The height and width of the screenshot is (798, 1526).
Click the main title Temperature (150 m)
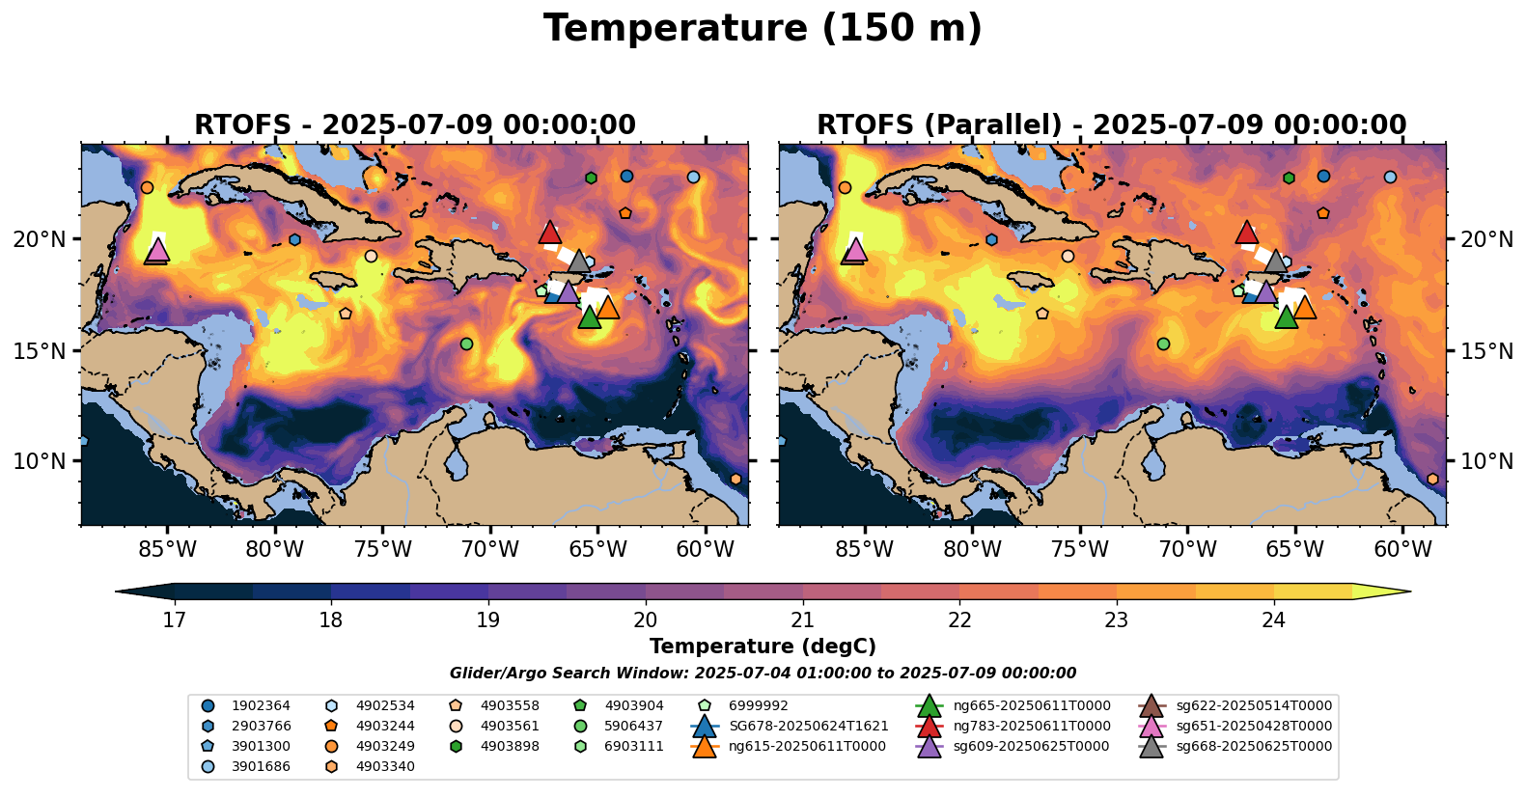point(763,29)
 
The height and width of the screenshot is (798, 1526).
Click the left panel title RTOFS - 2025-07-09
point(415,125)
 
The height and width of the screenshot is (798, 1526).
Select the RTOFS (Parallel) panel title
point(1112,125)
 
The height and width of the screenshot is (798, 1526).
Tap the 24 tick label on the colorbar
point(1274,619)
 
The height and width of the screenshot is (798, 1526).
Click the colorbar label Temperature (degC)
point(763,647)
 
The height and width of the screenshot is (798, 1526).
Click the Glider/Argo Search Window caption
point(763,674)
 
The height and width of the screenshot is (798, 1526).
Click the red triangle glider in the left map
point(549,233)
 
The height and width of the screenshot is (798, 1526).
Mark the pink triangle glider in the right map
point(855,250)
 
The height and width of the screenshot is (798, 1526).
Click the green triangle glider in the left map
point(589,317)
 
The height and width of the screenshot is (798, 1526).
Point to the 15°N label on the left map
point(40,350)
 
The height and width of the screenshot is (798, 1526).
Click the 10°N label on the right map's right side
point(1487,461)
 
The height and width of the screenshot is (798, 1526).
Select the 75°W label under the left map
point(383,550)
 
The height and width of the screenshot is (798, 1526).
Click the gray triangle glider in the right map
point(1275,261)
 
